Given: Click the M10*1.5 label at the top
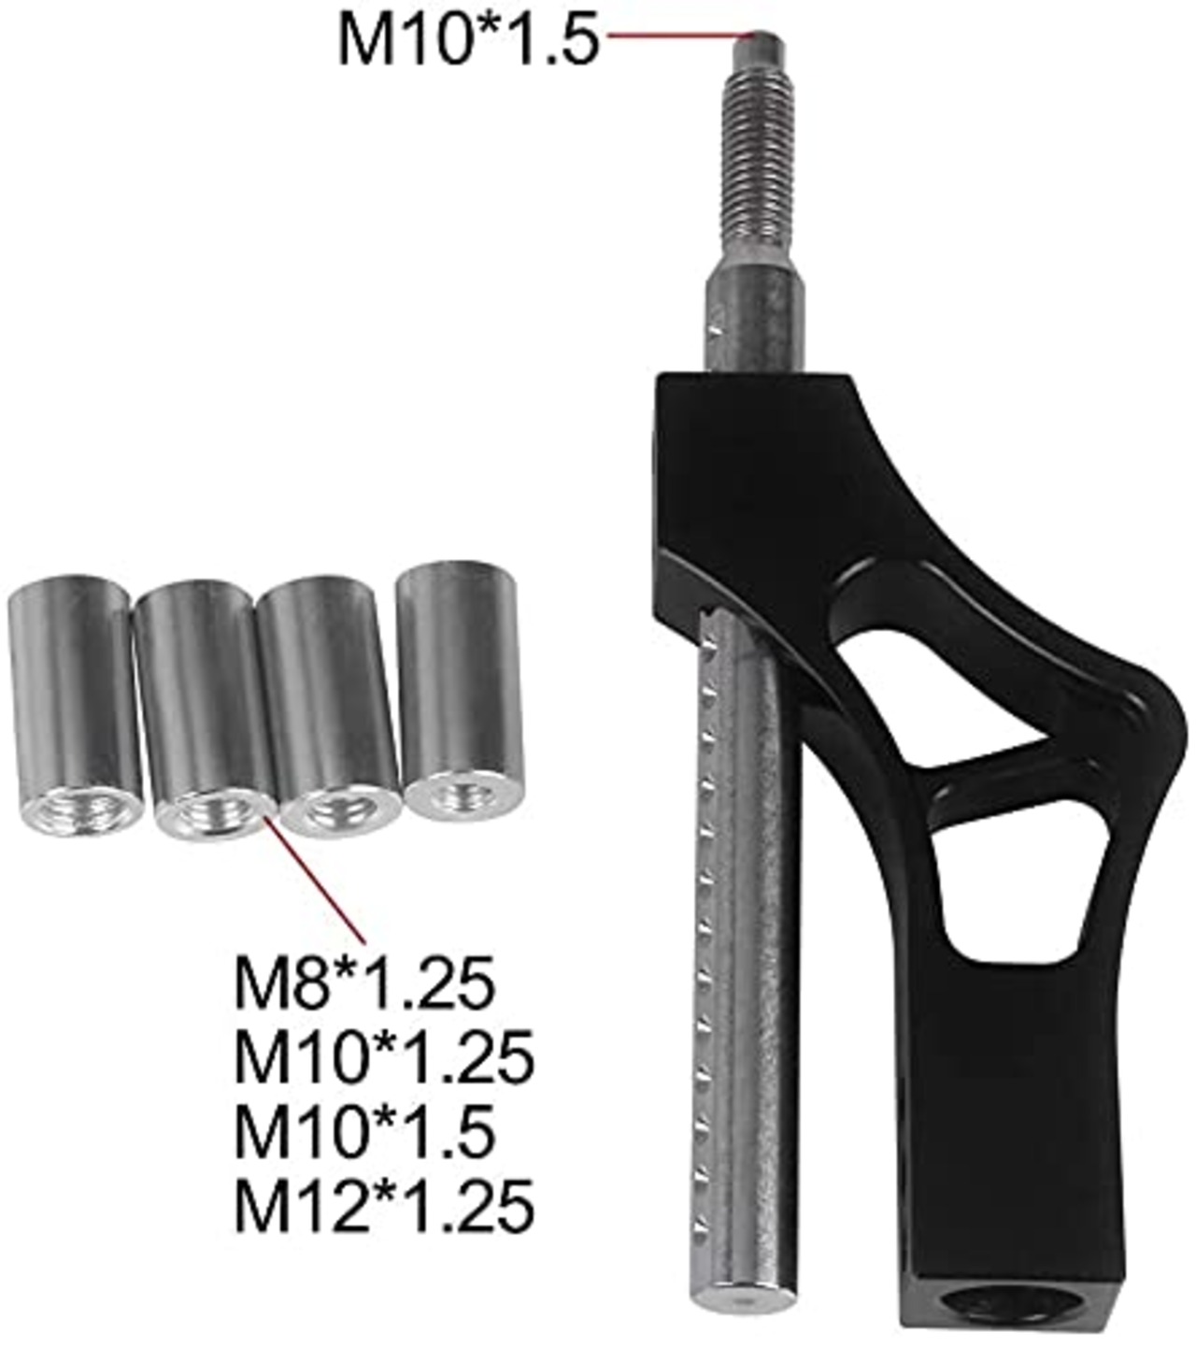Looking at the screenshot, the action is (469, 40).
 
